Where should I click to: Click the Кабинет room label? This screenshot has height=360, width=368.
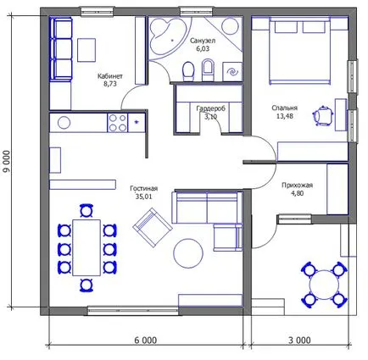110,76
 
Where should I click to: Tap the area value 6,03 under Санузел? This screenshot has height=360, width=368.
203,48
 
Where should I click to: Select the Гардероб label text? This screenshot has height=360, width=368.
211,108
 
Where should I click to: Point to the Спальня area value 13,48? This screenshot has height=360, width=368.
285,116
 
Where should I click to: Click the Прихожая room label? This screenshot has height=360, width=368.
297,186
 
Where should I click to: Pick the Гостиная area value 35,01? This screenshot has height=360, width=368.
144,197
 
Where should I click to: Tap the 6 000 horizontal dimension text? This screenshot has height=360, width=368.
146,341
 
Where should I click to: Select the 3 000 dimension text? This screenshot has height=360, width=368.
299,341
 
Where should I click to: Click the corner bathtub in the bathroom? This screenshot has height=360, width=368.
167,37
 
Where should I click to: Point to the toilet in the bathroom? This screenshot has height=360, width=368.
188,71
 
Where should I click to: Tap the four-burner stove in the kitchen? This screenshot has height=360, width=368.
118,123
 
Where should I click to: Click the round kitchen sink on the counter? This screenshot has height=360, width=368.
64,123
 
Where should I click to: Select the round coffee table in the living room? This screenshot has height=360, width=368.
188,253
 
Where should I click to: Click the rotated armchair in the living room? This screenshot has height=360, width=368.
153,228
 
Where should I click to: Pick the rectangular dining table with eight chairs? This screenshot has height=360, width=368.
86,247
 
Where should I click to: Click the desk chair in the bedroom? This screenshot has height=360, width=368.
323,115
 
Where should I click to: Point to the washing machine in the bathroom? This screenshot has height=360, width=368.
232,72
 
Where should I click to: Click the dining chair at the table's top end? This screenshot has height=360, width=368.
86,211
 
